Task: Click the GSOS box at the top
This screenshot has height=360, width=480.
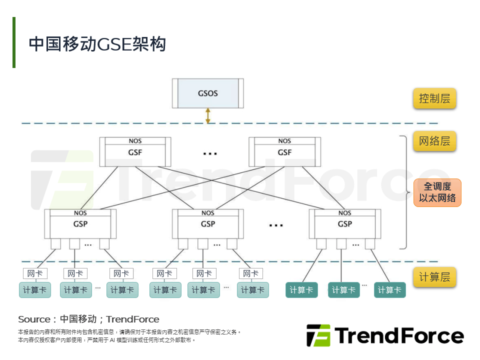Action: pos(208,93)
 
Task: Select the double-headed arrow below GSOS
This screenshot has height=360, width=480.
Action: pos(208,115)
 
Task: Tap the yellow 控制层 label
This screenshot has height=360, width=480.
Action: pos(434,98)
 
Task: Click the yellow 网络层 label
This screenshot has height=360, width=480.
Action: pos(434,141)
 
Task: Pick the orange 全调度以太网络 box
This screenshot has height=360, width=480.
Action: pos(437,192)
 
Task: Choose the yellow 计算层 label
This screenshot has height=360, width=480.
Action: pos(434,276)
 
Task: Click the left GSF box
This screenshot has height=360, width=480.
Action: pos(135,152)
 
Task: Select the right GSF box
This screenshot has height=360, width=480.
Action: pos(284,152)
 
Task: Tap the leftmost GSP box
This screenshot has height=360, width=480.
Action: pos(80,224)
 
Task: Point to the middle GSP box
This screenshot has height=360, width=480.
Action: pos(208,224)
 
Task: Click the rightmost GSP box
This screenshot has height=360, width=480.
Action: pos(344,224)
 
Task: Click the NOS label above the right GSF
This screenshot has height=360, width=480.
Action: pos(284,141)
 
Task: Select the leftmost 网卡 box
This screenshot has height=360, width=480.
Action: pos(35,273)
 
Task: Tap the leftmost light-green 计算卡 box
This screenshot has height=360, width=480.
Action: pos(35,290)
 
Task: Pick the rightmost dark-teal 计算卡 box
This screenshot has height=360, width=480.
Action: pos(389,290)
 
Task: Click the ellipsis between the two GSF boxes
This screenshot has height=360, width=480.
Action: pos(210,153)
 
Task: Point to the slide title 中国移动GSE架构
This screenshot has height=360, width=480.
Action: pos(97,44)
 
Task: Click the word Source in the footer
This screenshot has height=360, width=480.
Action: pos(33,319)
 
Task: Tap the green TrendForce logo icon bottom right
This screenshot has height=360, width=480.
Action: pos(318,335)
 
